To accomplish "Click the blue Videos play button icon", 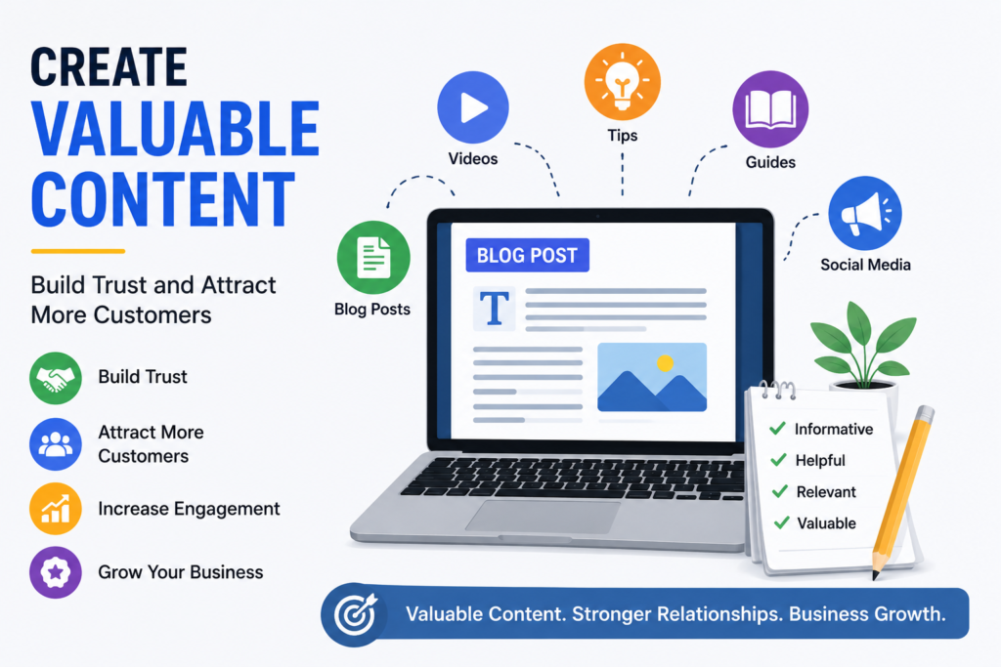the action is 473,107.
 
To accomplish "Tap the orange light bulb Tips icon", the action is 623,82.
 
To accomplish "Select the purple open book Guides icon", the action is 770,109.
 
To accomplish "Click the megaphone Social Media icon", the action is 865,213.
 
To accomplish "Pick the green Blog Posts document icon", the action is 373,257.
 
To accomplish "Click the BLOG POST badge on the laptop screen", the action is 527,255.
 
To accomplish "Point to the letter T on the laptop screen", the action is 494,309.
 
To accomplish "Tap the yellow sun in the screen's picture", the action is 665,363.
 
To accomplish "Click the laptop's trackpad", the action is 544,516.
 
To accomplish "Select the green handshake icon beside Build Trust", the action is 56,378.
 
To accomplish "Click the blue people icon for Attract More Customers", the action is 56,443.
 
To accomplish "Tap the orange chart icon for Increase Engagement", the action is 56,508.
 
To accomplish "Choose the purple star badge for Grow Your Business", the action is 56,572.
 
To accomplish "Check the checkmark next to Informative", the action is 777,428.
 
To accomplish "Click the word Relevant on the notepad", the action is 826,491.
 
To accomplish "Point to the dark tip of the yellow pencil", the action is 876,575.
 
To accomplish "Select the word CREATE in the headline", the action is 109,67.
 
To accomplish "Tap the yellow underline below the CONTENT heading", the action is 78,251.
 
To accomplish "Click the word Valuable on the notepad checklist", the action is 827,522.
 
